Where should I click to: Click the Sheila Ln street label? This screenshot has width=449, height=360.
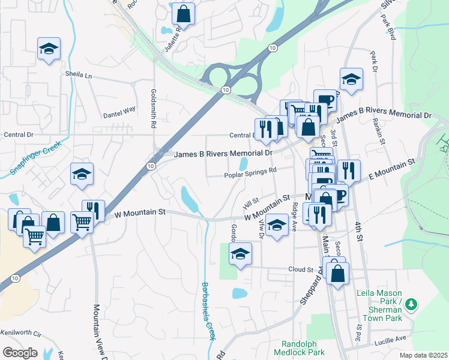(79, 76)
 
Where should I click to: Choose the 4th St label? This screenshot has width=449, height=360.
(360, 231)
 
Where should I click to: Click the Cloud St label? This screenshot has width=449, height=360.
(301, 269)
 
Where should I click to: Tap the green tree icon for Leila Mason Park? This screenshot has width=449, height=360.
(411, 304)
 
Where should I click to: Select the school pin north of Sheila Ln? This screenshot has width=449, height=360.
(49, 49)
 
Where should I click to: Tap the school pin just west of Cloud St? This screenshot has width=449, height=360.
(240, 254)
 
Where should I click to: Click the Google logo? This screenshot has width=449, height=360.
(19, 353)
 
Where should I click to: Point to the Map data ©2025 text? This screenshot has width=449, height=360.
(423, 355)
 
